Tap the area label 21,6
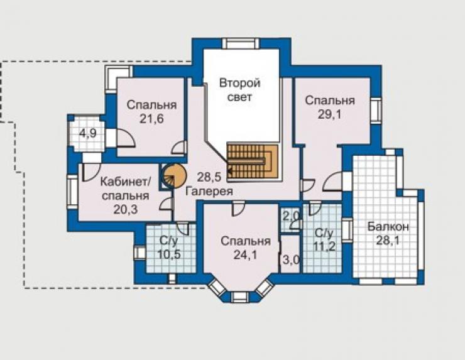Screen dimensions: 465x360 coord(151,119)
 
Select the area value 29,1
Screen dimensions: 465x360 coord(329,114)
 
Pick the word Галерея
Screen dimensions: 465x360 coord(209,191)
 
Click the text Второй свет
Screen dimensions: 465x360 coord(239,90)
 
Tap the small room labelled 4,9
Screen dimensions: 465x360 coord(88,133)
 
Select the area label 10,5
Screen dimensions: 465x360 coord(169,254)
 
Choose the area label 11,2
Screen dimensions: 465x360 coord(324,246)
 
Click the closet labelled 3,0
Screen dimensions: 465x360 coord(290,254)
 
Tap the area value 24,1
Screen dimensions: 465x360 coord(245,254)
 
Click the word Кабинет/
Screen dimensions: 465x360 coord(126,182)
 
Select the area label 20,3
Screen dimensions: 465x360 coord(126,210)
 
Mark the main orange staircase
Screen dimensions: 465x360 coord(253,161)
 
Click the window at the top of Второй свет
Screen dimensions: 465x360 coord(241,43)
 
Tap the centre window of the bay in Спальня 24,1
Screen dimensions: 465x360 coord(241,297)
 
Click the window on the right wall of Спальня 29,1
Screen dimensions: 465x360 coord(376,110)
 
